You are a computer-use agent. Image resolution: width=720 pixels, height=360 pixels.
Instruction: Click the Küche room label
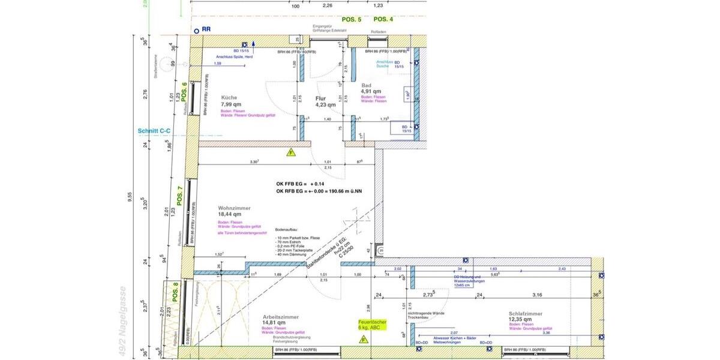(x=229, y=97)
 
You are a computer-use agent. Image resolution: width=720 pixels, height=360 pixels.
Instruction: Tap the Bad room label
(x=366, y=85)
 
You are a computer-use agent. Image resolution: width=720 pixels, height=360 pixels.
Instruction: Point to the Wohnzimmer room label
(x=234, y=208)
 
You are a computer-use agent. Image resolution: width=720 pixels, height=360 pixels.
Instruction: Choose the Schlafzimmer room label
(x=525, y=314)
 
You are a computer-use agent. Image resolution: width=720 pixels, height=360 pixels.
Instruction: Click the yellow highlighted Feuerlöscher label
(x=368, y=325)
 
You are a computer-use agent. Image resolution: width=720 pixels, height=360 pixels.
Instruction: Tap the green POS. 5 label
(x=352, y=20)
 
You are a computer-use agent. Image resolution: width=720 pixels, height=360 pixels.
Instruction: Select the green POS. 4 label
(x=383, y=20)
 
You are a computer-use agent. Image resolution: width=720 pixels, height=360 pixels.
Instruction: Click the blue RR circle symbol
(x=196, y=30)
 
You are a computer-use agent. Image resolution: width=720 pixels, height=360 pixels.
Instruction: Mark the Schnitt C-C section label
(x=154, y=130)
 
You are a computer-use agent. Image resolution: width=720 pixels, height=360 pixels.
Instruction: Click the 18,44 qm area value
(x=230, y=214)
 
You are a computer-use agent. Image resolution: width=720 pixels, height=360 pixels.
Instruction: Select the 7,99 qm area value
(x=232, y=104)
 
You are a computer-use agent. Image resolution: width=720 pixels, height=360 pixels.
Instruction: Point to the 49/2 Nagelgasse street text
(x=124, y=322)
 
